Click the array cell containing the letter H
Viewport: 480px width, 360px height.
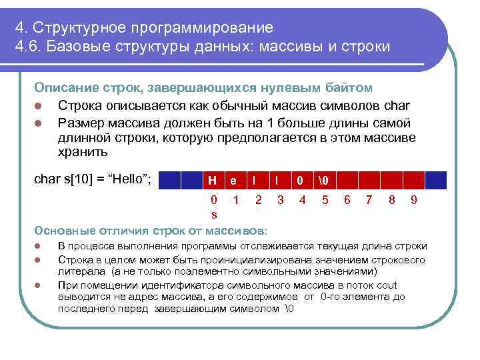[x=212, y=180]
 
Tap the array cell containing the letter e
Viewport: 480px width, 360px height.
[x=234, y=180]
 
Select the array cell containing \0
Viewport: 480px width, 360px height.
[x=325, y=180]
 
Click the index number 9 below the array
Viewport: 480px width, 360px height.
[x=414, y=199]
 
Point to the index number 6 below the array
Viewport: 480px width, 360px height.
[x=347, y=199]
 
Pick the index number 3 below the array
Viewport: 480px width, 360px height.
[x=280, y=199]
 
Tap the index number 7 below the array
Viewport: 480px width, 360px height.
[x=369, y=199]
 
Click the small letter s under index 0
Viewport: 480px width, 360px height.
[x=213, y=215]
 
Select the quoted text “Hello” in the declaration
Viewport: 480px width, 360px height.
[x=128, y=179]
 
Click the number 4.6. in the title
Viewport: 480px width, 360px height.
[x=31, y=48]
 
